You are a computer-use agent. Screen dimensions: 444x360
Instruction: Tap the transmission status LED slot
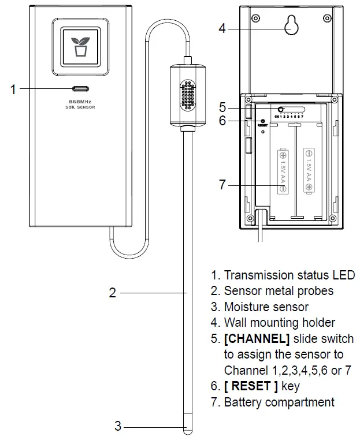click(80, 89)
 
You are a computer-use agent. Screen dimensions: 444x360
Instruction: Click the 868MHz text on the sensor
click(80, 101)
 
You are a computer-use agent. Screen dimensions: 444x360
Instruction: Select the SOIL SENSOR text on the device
click(80, 107)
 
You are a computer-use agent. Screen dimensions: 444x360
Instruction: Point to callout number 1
click(13, 89)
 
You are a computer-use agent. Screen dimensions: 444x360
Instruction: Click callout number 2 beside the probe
click(113, 293)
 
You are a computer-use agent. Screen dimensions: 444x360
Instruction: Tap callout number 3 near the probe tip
click(118, 427)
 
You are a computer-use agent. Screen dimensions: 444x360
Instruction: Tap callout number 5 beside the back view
click(222, 107)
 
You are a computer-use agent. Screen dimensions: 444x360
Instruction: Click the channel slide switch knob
click(281, 109)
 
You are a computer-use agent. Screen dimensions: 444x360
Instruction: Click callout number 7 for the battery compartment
click(222, 185)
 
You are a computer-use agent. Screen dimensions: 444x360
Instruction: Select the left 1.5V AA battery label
click(283, 171)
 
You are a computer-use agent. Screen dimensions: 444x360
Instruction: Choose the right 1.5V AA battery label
click(309, 167)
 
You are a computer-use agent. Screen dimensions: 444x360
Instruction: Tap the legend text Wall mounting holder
click(279, 323)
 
